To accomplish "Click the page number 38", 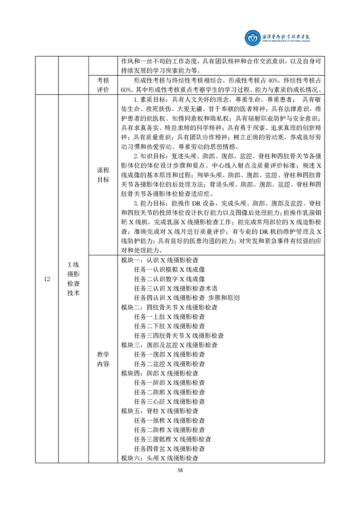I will point(180,470).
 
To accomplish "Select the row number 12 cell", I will point(47,279).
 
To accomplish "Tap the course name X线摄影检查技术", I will point(73,279).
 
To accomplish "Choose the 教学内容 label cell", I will point(103,359).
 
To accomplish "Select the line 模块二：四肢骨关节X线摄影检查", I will point(169,307).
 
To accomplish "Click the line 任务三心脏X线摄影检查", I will point(170,401).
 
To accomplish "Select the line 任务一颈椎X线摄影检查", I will point(170,421).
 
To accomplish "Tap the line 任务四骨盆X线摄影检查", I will point(170,449).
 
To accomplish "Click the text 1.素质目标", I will point(150,99).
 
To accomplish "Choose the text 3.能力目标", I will point(150,204).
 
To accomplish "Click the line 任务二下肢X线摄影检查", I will point(170,326).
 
